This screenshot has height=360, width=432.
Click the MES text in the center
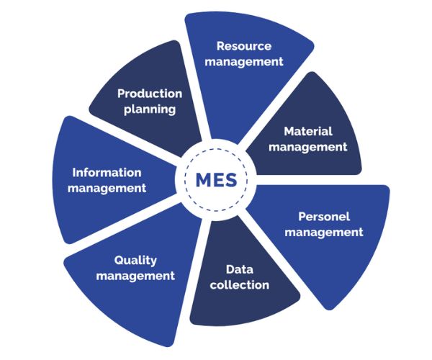point(216,178)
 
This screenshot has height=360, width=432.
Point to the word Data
point(238,269)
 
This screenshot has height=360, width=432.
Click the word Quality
point(135,260)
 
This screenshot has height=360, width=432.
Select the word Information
point(107,173)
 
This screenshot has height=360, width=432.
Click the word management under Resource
point(243,61)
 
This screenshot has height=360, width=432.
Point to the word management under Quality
point(135,276)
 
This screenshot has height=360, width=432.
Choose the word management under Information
point(107,189)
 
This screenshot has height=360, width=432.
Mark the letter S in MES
point(230,178)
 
